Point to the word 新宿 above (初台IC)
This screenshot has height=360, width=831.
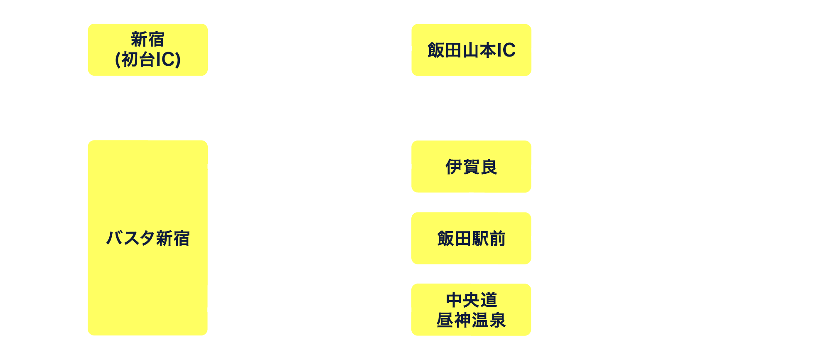click(148, 39)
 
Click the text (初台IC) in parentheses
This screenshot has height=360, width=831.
click(148, 59)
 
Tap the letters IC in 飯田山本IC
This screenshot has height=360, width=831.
click(506, 50)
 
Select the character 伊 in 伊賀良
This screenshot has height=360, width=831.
click(454, 167)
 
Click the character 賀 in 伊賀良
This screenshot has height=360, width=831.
click(471, 167)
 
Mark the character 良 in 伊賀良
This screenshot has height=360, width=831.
click(489, 167)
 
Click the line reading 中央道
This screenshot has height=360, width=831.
click(471, 300)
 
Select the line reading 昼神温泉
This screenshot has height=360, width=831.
click(471, 320)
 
